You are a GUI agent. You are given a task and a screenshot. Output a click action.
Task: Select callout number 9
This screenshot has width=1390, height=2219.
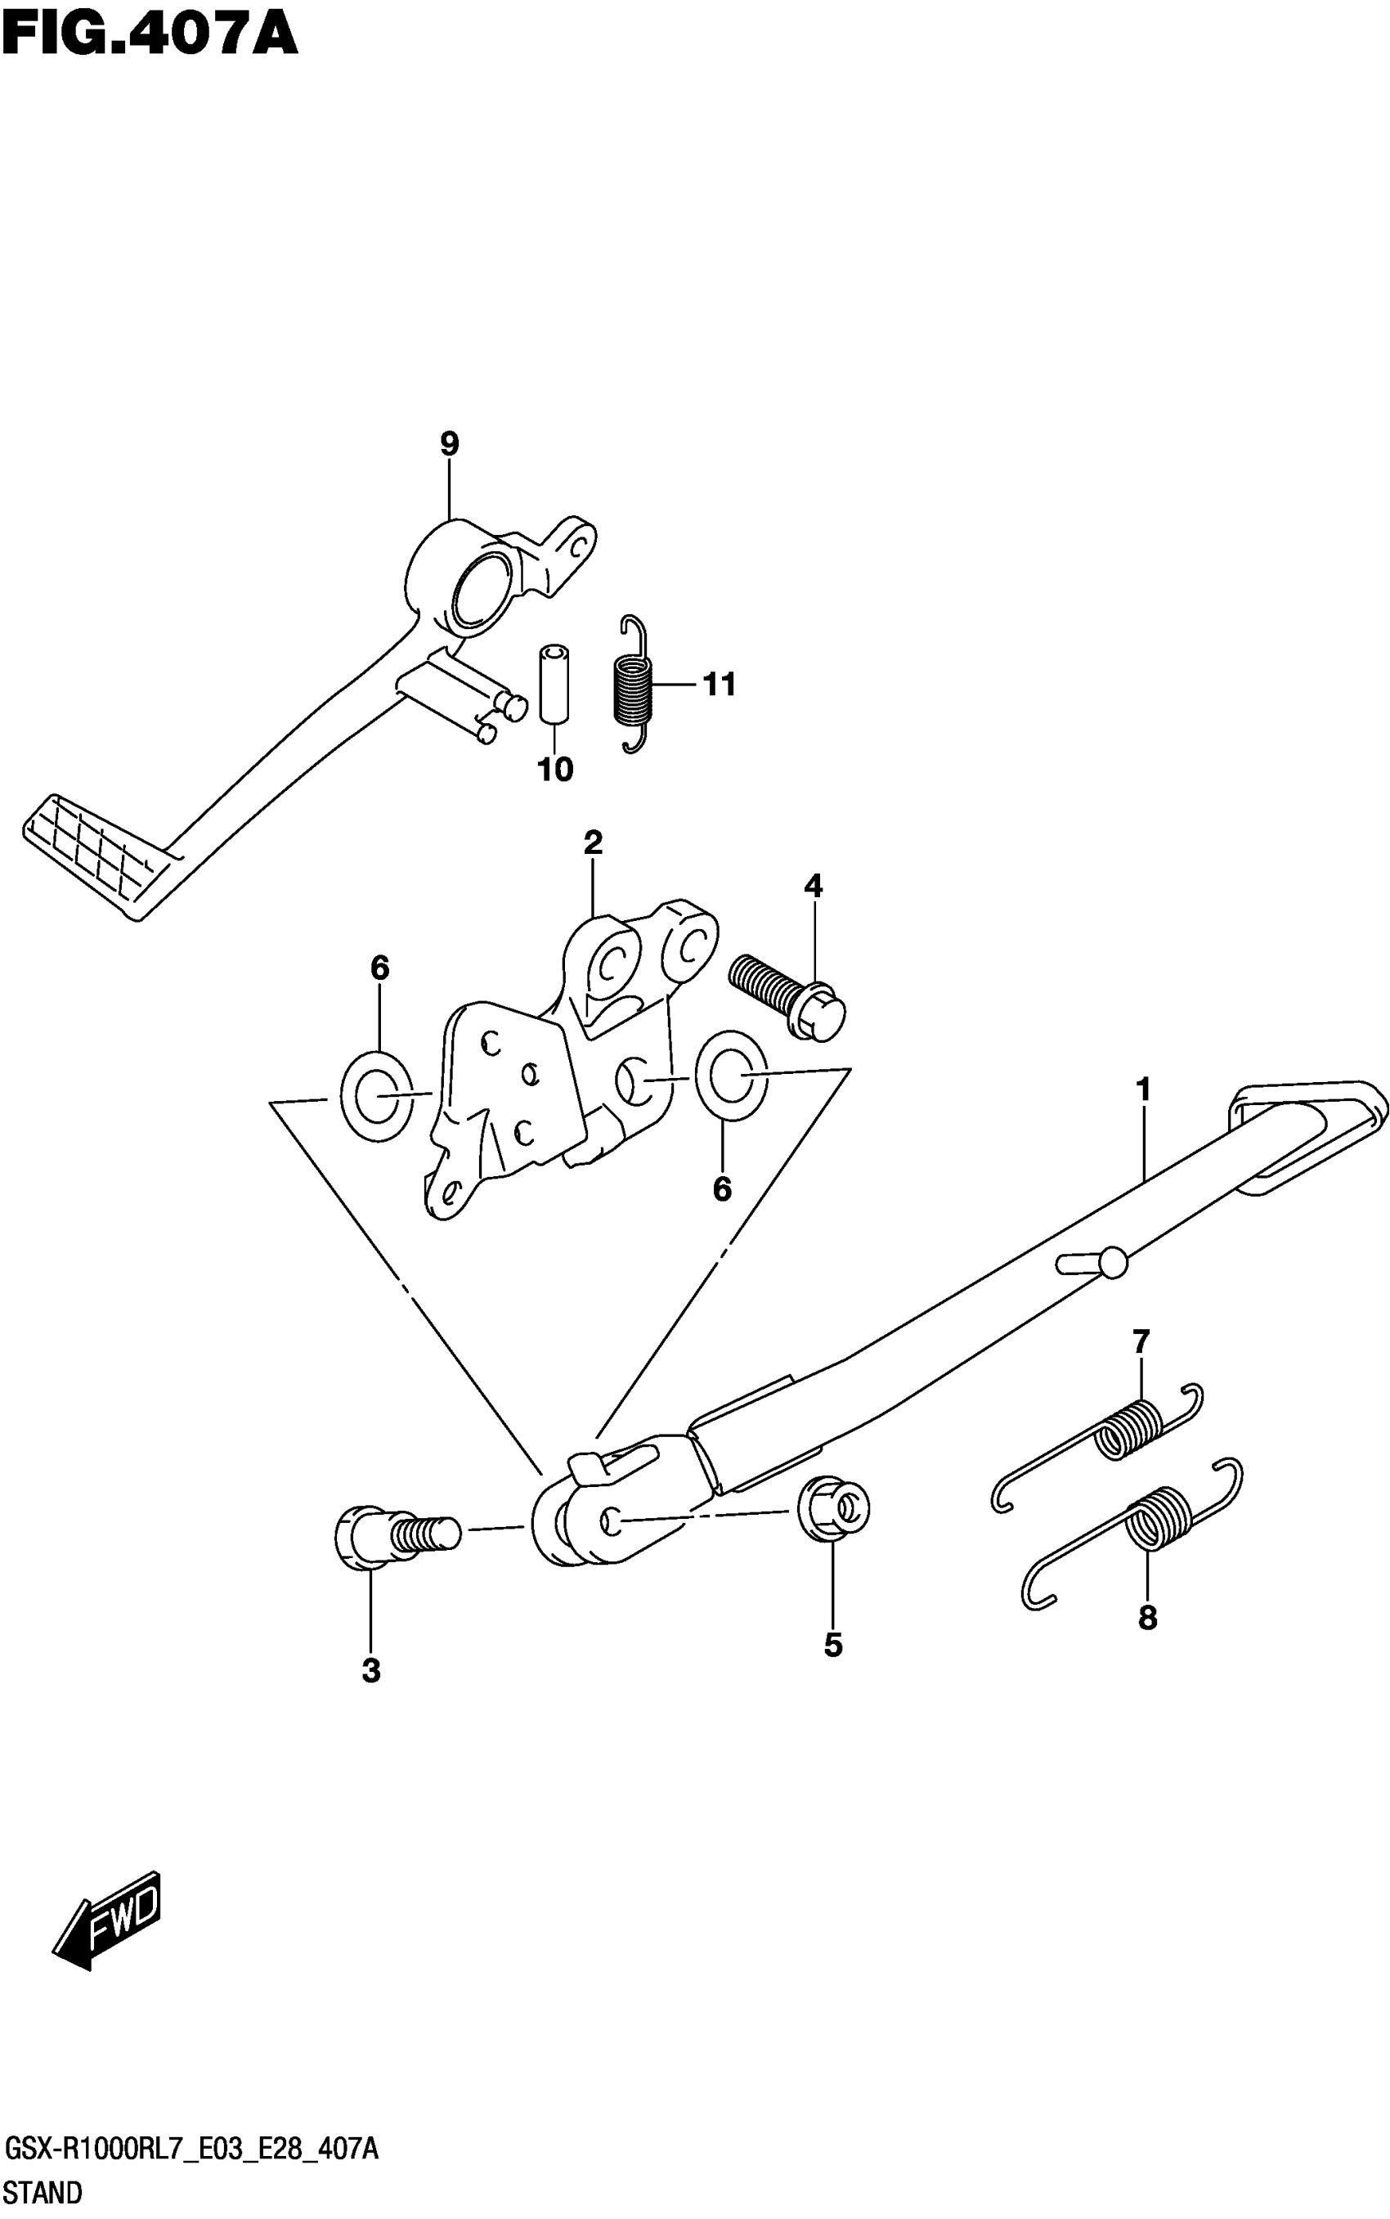(449, 445)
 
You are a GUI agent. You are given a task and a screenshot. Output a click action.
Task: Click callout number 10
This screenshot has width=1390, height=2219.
(555, 769)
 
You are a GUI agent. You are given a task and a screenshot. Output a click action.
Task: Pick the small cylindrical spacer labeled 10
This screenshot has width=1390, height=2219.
(554, 683)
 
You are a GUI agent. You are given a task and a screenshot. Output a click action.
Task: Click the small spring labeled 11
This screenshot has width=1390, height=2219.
(633, 684)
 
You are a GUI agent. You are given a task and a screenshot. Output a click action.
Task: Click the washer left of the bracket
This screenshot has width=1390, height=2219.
(376, 1094)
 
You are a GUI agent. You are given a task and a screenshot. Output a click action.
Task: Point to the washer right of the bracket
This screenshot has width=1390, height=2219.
(731, 1075)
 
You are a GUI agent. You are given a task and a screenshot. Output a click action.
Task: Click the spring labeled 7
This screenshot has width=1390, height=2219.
(1103, 1452)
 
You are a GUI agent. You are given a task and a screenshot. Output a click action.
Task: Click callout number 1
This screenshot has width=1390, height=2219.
(1143, 1089)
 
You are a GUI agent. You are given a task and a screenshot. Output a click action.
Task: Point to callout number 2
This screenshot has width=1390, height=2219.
(593, 842)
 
